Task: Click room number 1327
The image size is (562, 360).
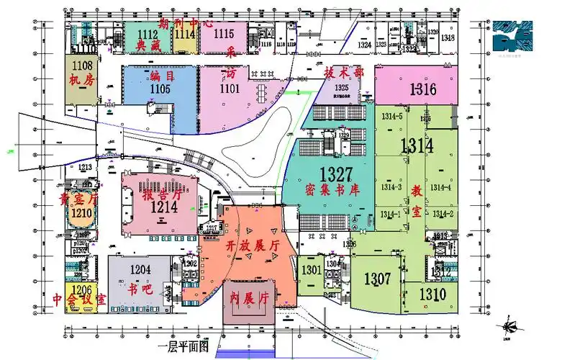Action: [335, 174]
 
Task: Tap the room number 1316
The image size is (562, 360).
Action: [423, 90]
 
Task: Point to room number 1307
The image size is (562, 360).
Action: [378, 279]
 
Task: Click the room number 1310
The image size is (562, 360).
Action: [432, 294]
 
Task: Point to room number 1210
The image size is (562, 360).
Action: [81, 213]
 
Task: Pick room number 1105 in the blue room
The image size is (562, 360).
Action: [160, 89]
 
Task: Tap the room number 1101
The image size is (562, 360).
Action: [230, 89]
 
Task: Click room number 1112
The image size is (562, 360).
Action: [148, 34]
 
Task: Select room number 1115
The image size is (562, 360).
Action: [224, 33]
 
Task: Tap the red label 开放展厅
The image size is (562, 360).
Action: [253, 246]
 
